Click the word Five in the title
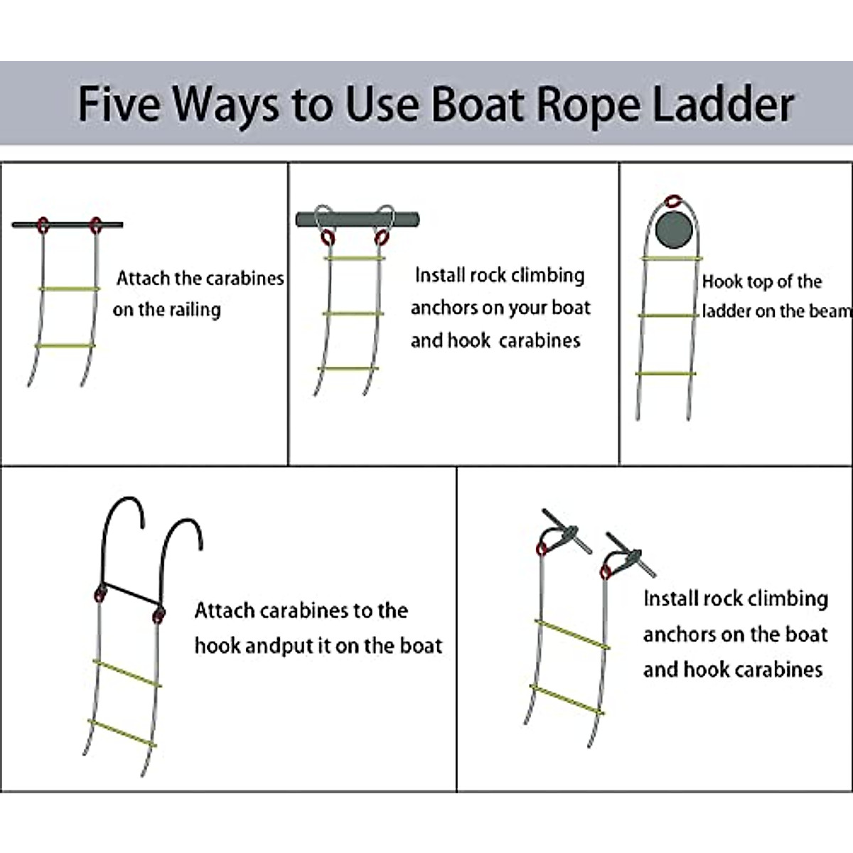(x=120, y=104)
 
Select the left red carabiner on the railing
(x=43, y=225)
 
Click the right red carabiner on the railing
(x=95, y=225)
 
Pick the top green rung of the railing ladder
(x=69, y=289)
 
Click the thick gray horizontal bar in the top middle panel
(x=358, y=219)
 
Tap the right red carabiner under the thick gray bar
(x=382, y=237)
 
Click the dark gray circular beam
(x=672, y=229)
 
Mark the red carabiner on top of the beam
(x=672, y=202)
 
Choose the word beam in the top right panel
(x=831, y=311)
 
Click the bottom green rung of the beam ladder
(x=666, y=373)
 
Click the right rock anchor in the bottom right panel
(x=629, y=554)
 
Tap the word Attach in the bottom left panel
(x=224, y=611)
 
